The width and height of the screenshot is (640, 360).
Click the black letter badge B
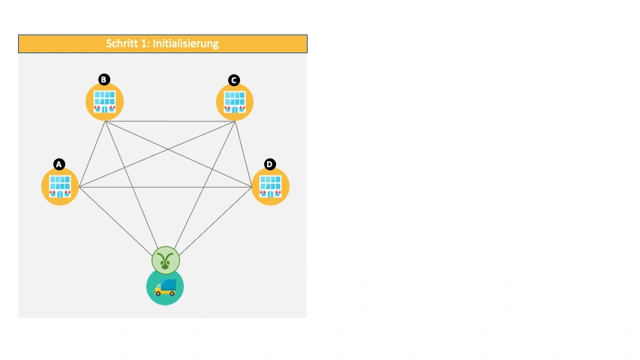104,79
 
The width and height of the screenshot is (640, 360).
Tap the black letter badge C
234,80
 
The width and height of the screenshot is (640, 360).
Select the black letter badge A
59,164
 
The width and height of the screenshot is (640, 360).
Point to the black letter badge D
270,164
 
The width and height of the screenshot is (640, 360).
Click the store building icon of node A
60,187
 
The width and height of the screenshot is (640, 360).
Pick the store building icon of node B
104,102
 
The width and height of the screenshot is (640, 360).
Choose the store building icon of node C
235,102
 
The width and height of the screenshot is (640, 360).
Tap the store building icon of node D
270,187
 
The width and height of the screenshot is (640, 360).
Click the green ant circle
166,260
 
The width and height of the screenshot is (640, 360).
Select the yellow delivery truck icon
165,287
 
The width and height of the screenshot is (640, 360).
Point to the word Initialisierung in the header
186,43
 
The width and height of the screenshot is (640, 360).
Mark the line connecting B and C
170,121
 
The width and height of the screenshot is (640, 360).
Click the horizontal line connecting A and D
165,187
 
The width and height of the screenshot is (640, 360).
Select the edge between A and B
92,154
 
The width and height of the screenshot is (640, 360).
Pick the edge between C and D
244,154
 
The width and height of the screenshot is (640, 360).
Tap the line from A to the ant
116,221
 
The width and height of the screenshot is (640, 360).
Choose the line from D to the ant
215,221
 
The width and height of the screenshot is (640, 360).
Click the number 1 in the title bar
145,43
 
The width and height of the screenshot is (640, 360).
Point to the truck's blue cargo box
169,284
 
